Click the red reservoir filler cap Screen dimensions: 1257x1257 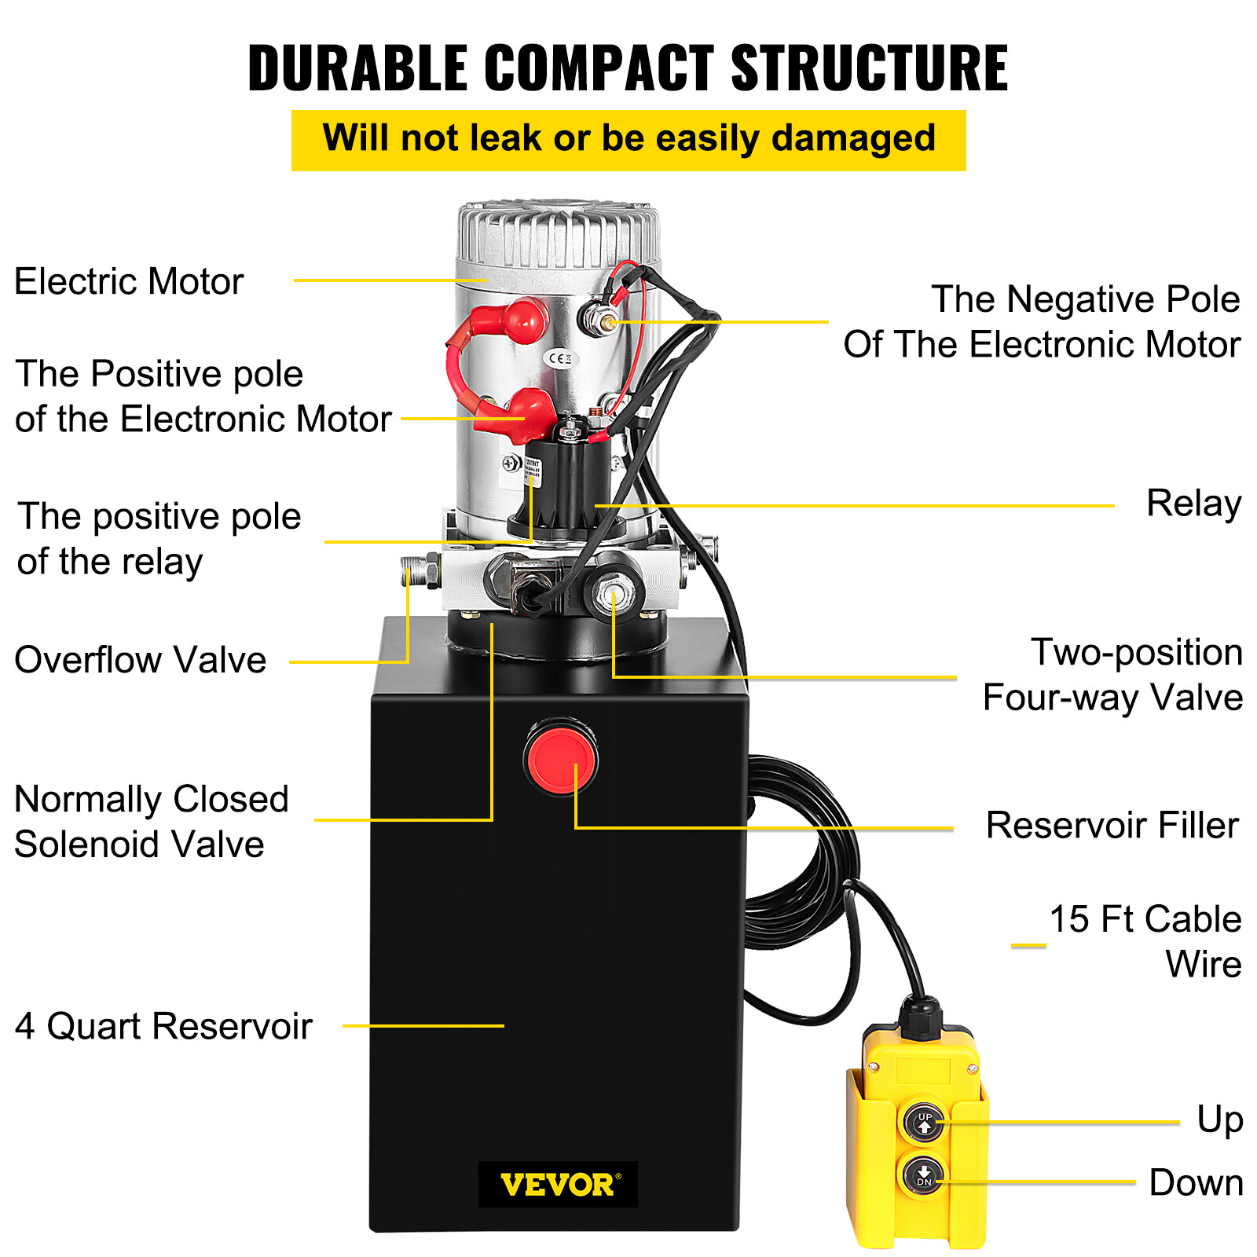pos(560,758)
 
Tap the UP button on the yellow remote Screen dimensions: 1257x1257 pos(924,1123)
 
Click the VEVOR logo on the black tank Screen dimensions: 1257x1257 pos(558,1184)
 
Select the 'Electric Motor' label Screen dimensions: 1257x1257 pos(129,281)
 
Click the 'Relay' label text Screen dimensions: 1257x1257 pos(1193,504)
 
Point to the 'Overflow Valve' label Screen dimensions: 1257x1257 pos(141,660)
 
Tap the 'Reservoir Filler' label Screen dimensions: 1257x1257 pos(1112,826)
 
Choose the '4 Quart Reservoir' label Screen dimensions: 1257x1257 pos(163,1026)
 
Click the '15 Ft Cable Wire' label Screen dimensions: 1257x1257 pos(1145,940)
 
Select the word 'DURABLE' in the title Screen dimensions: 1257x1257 pos(357,68)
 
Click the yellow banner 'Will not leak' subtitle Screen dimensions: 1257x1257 pos(628,140)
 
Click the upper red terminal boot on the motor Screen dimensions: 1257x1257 pos(525,320)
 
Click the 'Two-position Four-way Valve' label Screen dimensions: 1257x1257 pos(1112,675)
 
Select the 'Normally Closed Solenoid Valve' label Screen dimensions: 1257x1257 pos(151,822)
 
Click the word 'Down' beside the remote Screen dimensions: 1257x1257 pos(1195,1182)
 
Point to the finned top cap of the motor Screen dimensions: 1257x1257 pos(558,232)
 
